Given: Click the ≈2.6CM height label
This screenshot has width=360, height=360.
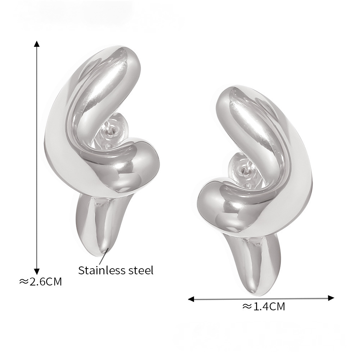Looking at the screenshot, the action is click(x=41, y=282).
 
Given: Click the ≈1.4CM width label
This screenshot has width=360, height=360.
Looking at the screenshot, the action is click(x=264, y=306).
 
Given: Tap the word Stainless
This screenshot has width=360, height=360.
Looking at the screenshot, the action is click(x=101, y=270).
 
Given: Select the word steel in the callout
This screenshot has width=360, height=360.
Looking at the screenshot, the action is click(x=140, y=270).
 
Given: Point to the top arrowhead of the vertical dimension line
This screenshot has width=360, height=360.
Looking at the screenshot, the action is click(x=37, y=44).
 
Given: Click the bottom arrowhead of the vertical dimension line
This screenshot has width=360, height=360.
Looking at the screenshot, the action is click(x=37, y=271).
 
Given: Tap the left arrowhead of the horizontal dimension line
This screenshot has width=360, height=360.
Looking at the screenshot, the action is click(x=191, y=299).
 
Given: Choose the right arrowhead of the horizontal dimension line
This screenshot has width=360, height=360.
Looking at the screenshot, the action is click(x=331, y=298).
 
